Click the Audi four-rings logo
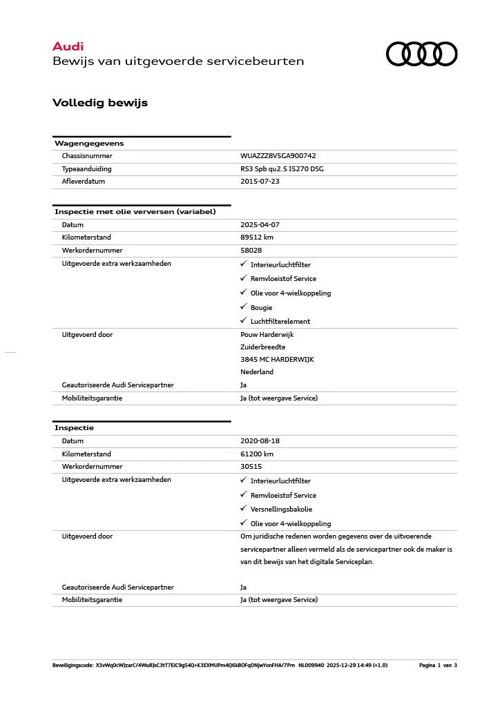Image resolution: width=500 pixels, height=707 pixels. coord(421,54)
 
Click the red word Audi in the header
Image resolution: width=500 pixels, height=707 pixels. coord(68,46)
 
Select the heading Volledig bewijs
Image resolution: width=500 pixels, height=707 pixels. coord(100,103)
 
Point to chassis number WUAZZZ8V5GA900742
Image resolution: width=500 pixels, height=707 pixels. coord(278,156)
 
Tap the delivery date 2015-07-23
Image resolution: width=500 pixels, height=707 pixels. coord(260,182)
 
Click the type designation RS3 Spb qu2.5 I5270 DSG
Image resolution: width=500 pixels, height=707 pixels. coord(282,168)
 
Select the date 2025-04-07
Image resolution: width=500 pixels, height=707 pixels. coord(260,225)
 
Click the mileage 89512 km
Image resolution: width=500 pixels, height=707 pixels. coord(257,238)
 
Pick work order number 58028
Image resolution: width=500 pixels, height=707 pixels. coord(251,250)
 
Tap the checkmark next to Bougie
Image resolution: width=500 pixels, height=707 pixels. coord(243,307)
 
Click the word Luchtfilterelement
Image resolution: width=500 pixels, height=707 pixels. coord(280,322)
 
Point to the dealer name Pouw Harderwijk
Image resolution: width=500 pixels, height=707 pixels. coord(267,335)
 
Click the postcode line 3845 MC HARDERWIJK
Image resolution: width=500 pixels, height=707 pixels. coord(277,359)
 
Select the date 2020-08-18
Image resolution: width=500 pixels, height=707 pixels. coord(260,441)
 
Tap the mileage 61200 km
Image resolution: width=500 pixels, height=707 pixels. coord(257,454)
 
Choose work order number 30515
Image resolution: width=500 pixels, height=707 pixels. coord(251,466)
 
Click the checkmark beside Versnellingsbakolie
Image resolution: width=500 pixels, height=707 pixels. coord(243,509)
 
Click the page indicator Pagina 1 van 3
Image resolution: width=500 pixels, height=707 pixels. coord(438,666)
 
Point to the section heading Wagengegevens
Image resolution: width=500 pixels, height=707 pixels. coord(89,144)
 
